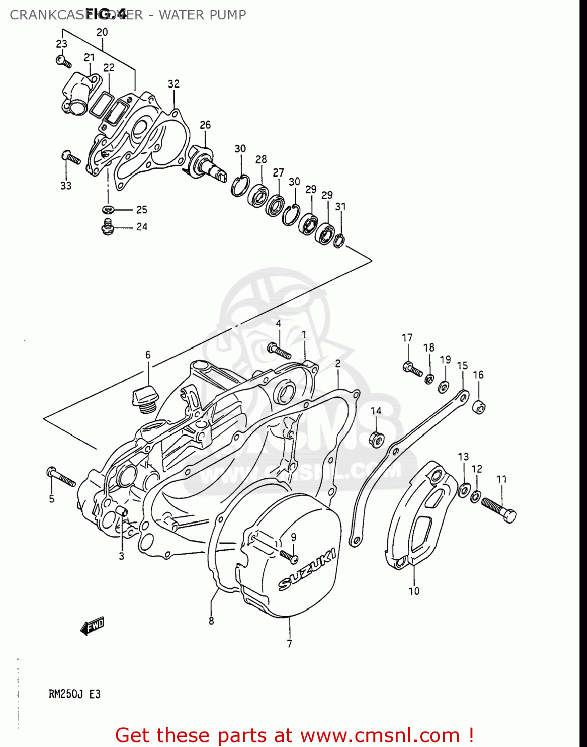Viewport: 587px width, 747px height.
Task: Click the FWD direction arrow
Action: click(x=93, y=626)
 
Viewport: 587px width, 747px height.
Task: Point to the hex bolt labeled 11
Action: click(x=499, y=510)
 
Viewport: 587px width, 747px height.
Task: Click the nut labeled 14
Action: click(x=376, y=439)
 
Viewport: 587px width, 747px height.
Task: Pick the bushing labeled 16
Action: click(x=478, y=406)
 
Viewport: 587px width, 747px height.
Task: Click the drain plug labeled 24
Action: click(x=108, y=227)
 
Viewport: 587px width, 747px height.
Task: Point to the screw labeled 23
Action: click(x=63, y=62)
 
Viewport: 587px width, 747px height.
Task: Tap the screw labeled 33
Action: click(x=71, y=157)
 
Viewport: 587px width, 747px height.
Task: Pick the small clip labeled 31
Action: click(x=339, y=240)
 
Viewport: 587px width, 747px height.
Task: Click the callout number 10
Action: click(x=414, y=591)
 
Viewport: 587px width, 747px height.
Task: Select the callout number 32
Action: click(x=173, y=84)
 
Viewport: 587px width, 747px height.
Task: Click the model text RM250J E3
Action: click(x=75, y=694)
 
